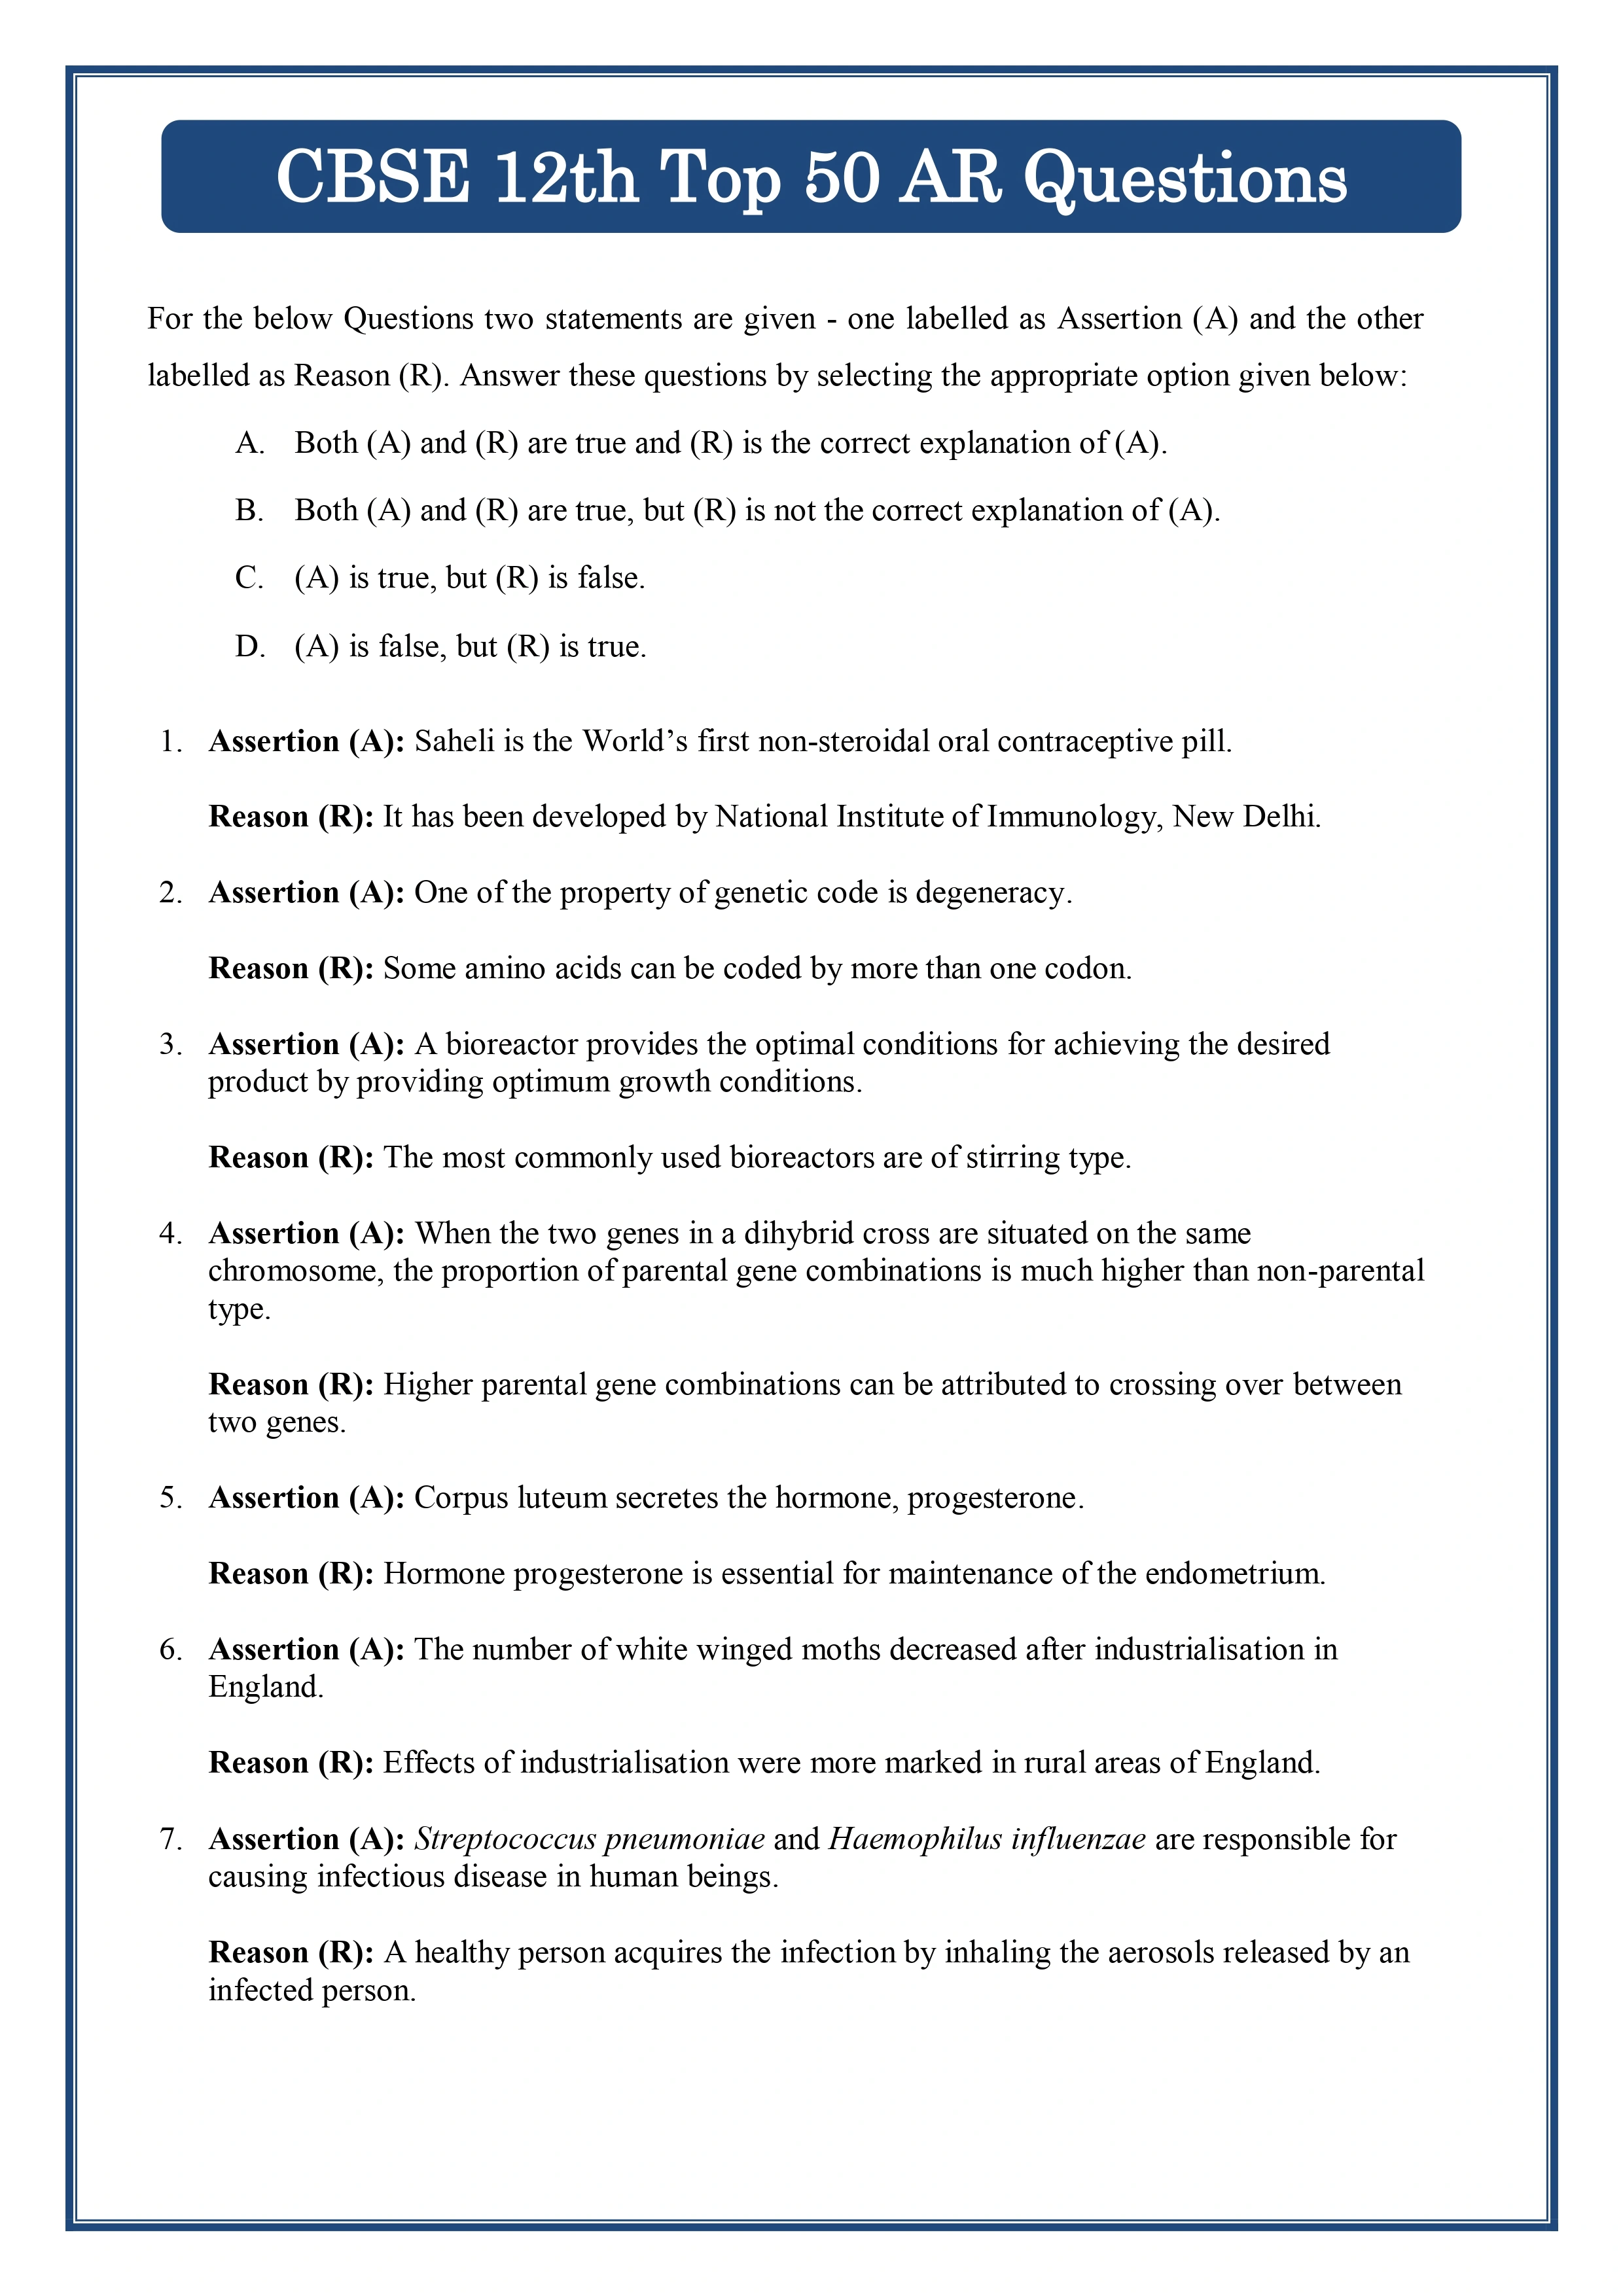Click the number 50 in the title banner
pos(842,178)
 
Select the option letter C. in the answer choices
pos(249,578)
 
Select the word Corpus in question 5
pos(461,1497)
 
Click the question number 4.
pos(170,1234)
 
